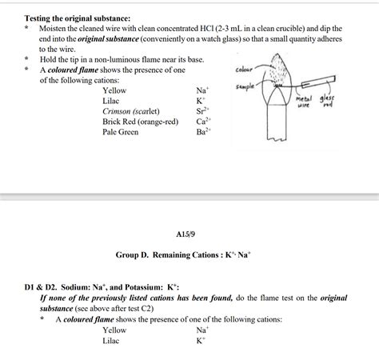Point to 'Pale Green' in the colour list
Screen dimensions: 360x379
pyautogui.click(x=120, y=132)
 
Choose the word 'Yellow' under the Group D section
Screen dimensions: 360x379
pyautogui.click(x=114, y=330)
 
